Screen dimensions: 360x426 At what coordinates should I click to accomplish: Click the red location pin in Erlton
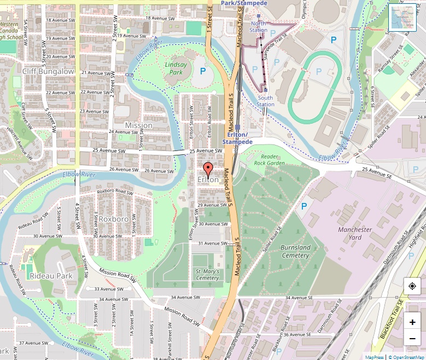pyautogui.click(x=207, y=169)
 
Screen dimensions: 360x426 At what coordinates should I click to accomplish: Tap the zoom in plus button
pyautogui.click(x=412, y=322)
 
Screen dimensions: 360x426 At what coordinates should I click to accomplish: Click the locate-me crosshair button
pyautogui.click(x=412, y=286)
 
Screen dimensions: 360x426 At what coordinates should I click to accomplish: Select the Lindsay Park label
pyautogui.click(x=176, y=68)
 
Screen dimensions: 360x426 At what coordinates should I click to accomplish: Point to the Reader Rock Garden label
pyautogui.click(x=269, y=159)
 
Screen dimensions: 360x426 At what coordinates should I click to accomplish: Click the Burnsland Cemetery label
pyautogui.click(x=295, y=251)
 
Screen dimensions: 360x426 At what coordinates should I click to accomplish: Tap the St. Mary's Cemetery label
pyautogui.click(x=207, y=274)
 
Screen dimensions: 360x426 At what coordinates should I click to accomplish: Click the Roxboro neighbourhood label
pyautogui.click(x=113, y=219)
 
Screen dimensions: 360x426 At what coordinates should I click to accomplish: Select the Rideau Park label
pyautogui.click(x=51, y=276)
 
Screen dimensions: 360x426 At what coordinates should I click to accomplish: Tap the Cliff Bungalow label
pyautogui.click(x=48, y=71)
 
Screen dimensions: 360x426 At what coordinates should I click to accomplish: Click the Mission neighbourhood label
pyautogui.click(x=139, y=125)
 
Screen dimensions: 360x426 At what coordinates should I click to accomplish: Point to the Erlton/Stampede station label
pyautogui.click(x=237, y=138)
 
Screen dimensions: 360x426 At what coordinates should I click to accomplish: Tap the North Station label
pyautogui.click(x=259, y=26)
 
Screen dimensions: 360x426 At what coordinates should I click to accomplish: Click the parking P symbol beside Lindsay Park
pyautogui.click(x=203, y=71)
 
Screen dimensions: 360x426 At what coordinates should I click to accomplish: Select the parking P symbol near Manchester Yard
pyautogui.click(x=304, y=206)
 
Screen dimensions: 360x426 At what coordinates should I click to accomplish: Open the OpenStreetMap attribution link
pyautogui.click(x=405, y=357)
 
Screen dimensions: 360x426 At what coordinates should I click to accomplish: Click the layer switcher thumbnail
pyautogui.click(x=403, y=17)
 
